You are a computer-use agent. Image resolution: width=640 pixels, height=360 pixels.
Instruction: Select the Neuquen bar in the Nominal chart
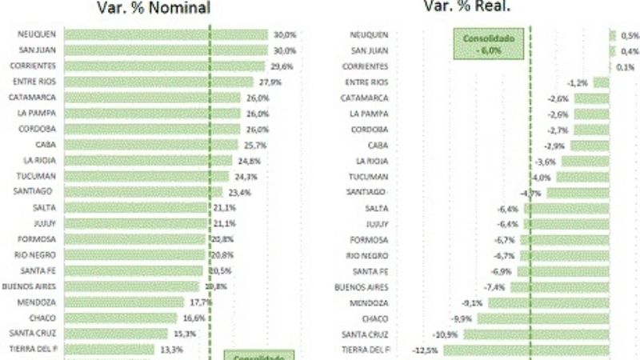pos(166,34)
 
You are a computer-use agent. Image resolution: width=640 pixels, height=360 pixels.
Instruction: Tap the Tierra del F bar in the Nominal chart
pos(109,350)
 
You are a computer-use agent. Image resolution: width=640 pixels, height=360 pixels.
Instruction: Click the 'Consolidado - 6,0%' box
pos(486,43)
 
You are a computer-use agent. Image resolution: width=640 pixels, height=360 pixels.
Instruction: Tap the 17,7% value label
pos(201,302)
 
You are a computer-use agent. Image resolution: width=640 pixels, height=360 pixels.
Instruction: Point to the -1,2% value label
pos(578,82)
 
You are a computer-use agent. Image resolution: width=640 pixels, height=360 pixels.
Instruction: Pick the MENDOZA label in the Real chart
pos(370,302)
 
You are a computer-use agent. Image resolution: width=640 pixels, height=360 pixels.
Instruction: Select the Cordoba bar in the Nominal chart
pos(151,129)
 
